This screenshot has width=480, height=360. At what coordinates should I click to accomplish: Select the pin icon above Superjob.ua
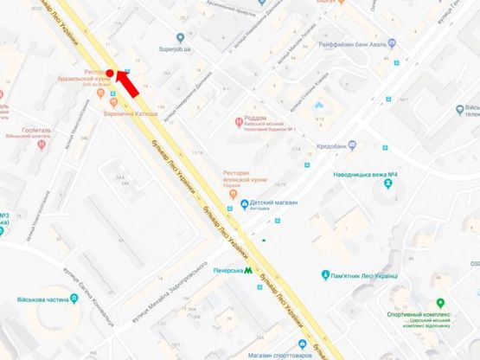(x=180, y=37)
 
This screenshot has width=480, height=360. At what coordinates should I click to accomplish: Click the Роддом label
(x=256, y=118)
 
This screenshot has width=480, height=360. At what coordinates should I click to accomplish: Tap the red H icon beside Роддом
(x=240, y=122)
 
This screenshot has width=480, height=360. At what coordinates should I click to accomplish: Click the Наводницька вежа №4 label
(x=365, y=176)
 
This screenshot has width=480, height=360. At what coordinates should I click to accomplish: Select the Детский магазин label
(x=275, y=202)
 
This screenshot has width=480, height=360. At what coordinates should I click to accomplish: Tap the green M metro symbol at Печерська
(x=248, y=271)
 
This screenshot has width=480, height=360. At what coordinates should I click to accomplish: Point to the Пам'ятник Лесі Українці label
(x=363, y=276)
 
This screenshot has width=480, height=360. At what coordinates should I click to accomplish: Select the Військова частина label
(x=40, y=301)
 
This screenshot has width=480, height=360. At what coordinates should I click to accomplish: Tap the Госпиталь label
(x=31, y=131)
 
